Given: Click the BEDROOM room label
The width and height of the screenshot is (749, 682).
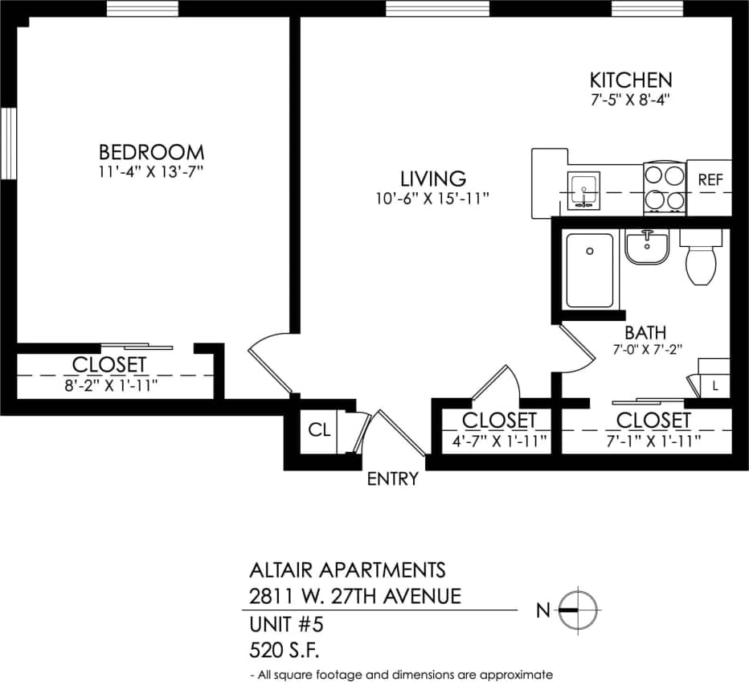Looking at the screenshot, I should (x=151, y=151).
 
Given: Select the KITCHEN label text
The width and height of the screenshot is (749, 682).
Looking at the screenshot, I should (x=631, y=80).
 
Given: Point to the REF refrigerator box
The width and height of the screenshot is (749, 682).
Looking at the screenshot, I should (x=710, y=180).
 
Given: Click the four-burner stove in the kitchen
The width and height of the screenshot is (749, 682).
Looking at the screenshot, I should (x=664, y=187).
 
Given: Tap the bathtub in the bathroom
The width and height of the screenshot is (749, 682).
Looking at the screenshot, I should (x=589, y=270).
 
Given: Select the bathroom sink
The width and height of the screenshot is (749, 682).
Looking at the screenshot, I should (x=647, y=247).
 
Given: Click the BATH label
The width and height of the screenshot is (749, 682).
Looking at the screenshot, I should (x=645, y=332).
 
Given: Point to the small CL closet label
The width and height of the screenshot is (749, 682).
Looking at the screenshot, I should (x=319, y=429).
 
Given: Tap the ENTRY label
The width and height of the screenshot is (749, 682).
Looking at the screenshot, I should (x=393, y=479).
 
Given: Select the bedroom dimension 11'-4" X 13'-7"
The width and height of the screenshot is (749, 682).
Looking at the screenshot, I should (x=151, y=171).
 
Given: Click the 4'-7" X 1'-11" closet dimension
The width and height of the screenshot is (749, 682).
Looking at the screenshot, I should (x=498, y=440).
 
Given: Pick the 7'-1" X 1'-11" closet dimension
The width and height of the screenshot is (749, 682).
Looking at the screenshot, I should (x=653, y=440).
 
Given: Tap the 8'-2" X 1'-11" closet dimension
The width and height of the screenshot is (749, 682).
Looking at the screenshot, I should (x=109, y=385).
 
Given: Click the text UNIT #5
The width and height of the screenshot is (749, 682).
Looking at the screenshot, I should (x=286, y=624).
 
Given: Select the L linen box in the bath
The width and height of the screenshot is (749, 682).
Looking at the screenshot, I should (x=714, y=386).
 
